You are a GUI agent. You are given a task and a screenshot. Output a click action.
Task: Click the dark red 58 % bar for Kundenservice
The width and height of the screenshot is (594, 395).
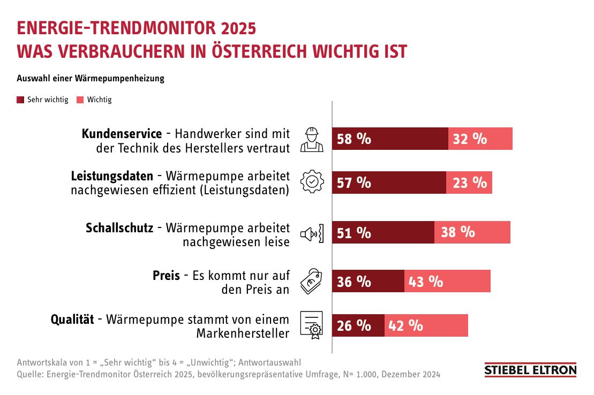pos(390,139)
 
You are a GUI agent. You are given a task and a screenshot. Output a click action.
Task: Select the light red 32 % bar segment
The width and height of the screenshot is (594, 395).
pos(480,139)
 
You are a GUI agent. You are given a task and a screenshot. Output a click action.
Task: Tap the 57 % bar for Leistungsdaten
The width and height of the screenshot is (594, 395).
pos(389,183)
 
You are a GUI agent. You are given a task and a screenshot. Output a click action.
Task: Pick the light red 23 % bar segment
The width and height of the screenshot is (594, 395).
pos(469,183)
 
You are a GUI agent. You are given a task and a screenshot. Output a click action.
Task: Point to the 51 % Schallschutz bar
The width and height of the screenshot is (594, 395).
pos(383,232)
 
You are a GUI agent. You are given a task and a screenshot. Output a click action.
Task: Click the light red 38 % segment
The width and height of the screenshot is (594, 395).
pos(472,232)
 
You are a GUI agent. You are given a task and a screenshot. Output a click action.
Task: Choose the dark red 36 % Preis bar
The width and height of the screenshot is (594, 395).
pos(368,282)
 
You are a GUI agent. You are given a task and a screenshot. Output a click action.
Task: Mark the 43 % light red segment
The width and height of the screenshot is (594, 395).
pos(447,282)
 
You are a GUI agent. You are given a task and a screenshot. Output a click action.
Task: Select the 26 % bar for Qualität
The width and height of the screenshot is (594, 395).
pos(358,325)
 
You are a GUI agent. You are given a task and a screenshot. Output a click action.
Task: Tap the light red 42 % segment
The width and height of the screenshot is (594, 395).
pos(426,325)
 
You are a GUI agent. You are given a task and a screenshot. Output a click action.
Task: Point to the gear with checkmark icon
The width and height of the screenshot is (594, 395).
pos(312,182)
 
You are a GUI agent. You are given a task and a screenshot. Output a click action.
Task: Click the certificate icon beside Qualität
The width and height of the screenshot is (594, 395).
pos(312,325)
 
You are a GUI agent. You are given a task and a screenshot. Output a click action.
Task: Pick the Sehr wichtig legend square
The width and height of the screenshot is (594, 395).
pos(21,100)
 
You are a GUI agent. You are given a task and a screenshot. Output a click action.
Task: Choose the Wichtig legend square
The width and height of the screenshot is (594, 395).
pos(80,100)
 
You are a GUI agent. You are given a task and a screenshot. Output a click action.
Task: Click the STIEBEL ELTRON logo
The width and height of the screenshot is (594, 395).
pos(530,370)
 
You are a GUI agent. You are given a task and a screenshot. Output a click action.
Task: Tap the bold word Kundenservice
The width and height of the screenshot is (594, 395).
pos(122,133)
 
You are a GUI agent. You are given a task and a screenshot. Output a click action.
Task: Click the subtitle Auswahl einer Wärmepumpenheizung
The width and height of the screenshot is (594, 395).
pos(91,78)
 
